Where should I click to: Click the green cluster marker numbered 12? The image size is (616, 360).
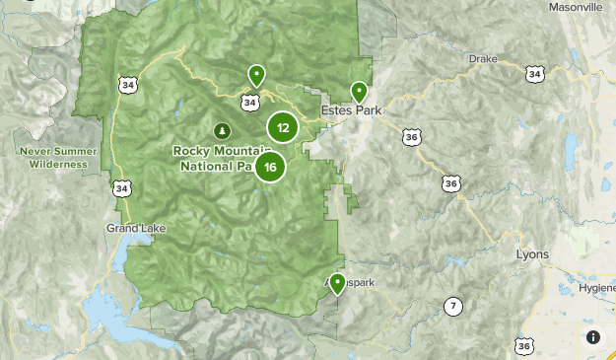point(283,127)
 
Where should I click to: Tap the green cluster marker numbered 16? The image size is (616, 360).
point(269,167)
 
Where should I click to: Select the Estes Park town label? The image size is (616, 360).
point(349,110)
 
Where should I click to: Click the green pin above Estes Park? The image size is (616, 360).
point(359,91)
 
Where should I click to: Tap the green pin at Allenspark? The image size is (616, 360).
point(337,284)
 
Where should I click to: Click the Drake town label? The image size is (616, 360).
point(483,59)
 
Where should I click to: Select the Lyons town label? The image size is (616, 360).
point(532,254)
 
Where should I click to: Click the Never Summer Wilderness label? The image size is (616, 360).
point(59,158)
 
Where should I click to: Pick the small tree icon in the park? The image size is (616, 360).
point(222,129)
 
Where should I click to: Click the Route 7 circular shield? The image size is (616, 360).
point(452,306)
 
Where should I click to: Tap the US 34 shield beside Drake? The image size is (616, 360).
point(534,74)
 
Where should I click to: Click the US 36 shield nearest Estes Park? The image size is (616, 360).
point(412,136)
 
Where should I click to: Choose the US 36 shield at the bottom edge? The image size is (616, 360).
point(524,344)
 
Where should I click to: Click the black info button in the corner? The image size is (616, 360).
point(593,337)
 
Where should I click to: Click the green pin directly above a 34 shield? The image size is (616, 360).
point(255,75)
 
